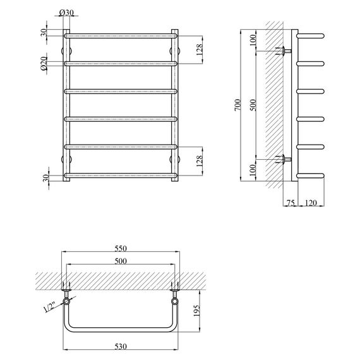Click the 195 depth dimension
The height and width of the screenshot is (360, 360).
pyautogui.click(x=196, y=311)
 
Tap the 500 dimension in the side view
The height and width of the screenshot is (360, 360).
pyautogui.click(x=253, y=104)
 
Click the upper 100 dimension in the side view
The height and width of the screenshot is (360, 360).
pyautogui.click(x=253, y=40)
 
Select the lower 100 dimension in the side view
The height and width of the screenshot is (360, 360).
pyautogui.click(x=253, y=171)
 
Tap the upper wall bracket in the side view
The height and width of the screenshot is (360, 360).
pyautogui.click(x=286, y=51)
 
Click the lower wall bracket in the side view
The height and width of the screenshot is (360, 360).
pyautogui.click(x=286, y=159)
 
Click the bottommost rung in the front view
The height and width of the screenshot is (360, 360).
pyautogui.click(x=120, y=176)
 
